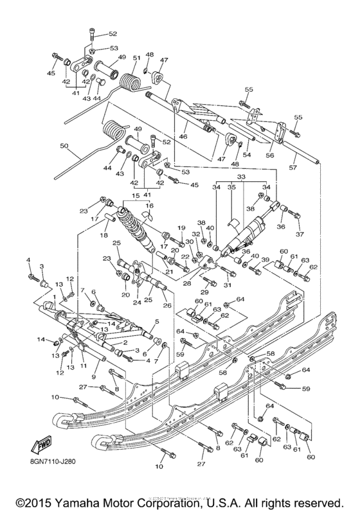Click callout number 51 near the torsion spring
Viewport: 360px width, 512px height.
tap(136, 58)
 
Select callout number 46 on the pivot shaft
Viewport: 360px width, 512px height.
tap(182, 137)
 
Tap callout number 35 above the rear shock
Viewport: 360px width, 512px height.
tap(233, 187)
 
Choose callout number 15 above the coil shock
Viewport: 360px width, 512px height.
tap(136, 195)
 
